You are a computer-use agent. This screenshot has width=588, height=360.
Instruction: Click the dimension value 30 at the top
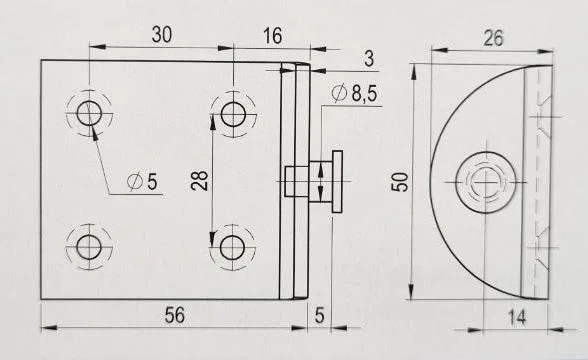point(162,34)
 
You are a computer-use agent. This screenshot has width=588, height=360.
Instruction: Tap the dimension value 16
point(272,36)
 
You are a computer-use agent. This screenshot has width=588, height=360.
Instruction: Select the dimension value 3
point(369,59)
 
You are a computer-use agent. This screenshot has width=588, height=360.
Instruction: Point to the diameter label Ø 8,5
point(354,93)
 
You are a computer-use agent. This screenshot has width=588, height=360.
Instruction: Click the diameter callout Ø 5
point(142,182)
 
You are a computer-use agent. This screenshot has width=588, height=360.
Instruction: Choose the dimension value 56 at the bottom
point(175,315)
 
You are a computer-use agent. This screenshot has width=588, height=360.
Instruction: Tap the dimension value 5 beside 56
point(319,316)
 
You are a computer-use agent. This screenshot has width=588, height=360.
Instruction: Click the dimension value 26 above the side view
point(493,38)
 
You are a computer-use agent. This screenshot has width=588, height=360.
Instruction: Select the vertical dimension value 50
point(400,182)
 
